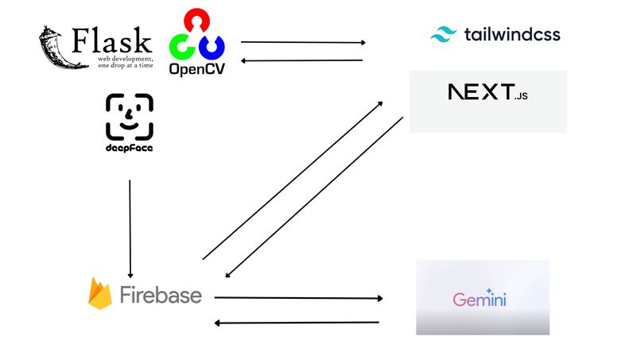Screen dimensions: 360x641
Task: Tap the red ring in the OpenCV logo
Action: click(197, 22)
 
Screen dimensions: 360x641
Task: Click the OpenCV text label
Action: click(196, 69)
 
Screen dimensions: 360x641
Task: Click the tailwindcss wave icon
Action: click(442, 34)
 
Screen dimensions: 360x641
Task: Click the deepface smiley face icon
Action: click(129, 118)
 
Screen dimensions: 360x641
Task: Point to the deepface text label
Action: click(129, 149)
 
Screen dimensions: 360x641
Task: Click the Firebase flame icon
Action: click(100, 295)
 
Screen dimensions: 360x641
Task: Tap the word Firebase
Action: click(160, 296)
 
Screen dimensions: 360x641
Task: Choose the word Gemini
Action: click(480, 300)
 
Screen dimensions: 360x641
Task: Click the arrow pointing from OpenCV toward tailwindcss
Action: click(303, 42)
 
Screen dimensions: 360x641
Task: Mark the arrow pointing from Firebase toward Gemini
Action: click(298, 298)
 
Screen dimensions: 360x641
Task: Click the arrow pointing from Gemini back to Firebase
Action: click(297, 323)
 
